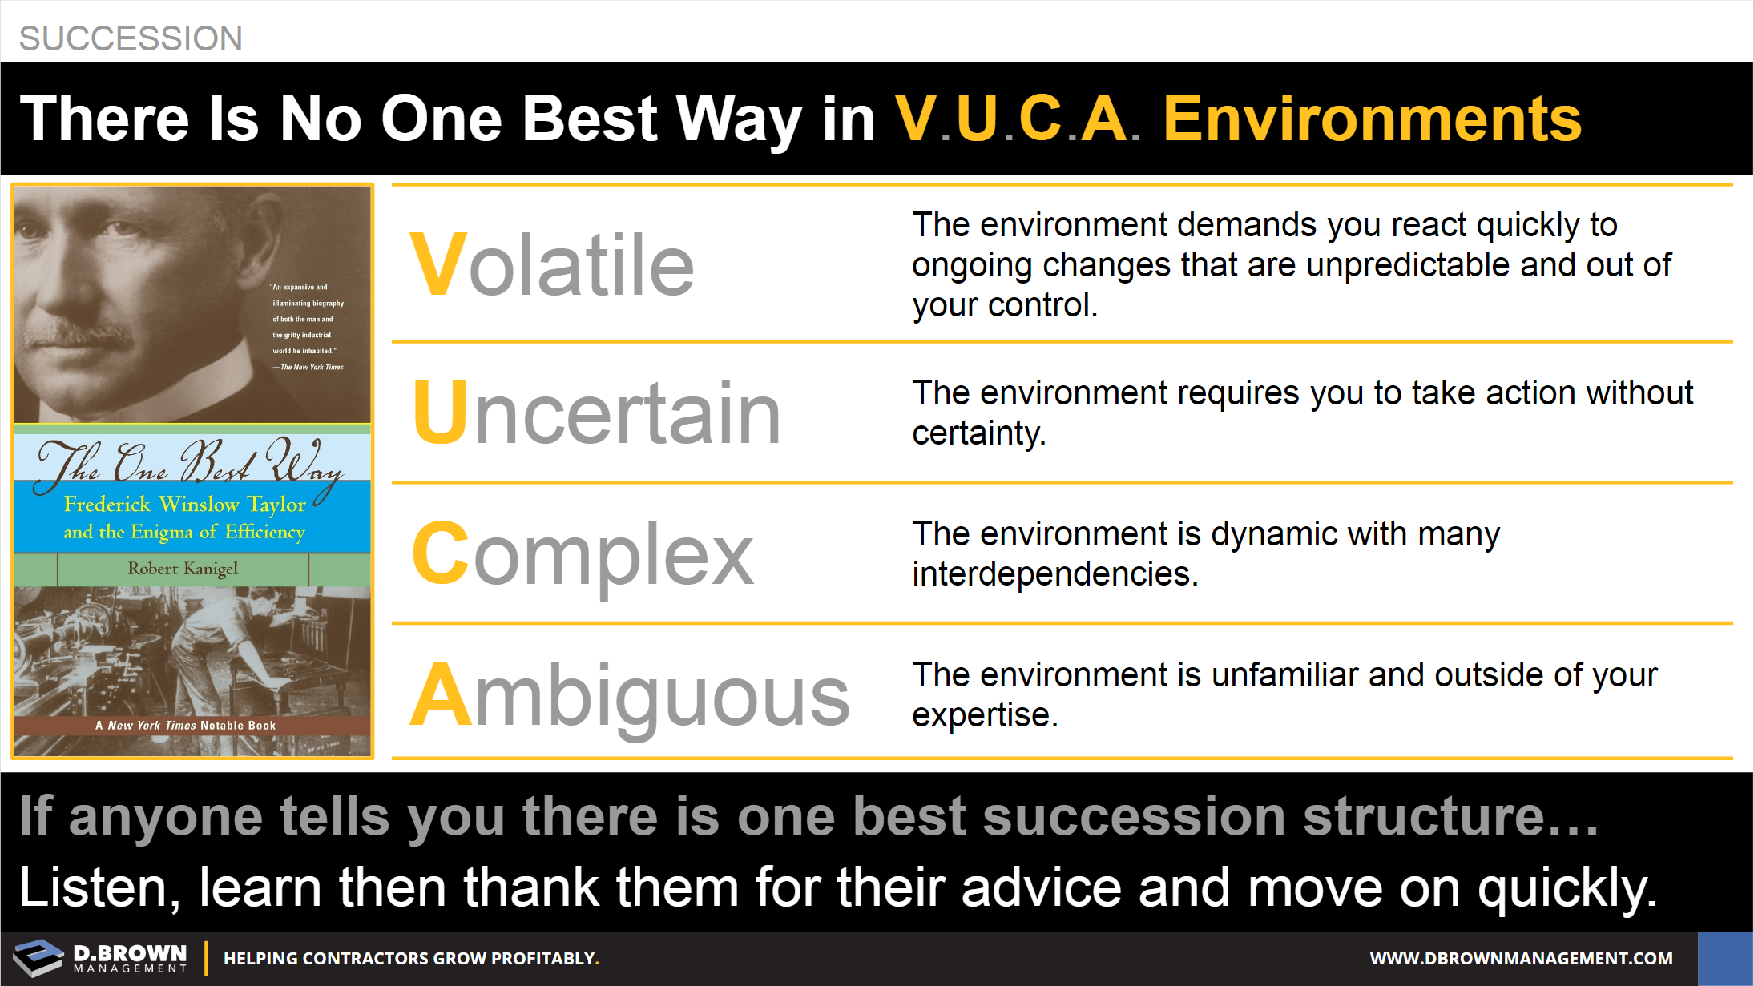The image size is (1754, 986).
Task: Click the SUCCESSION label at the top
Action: click(x=131, y=38)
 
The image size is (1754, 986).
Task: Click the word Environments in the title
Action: click(x=1373, y=119)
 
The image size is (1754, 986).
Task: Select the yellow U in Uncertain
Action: click(x=441, y=413)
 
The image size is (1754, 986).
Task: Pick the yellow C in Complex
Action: click(x=441, y=553)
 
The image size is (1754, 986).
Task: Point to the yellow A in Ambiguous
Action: click(x=441, y=695)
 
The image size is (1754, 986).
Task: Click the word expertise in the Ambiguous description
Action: click(x=985, y=715)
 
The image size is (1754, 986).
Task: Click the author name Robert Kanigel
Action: click(x=183, y=569)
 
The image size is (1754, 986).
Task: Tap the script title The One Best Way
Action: click(x=191, y=462)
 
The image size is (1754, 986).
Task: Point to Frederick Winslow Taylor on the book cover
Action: click(x=185, y=504)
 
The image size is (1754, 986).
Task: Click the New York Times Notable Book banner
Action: click(x=186, y=726)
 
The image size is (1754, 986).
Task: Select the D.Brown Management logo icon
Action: click(x=38, y=957)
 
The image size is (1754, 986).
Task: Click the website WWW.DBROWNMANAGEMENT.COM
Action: click(x=1521, y=959)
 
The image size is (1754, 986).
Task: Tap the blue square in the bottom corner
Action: click(x=1725, y=959)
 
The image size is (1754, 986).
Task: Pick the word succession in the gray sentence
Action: click(x=1135, y=817)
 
